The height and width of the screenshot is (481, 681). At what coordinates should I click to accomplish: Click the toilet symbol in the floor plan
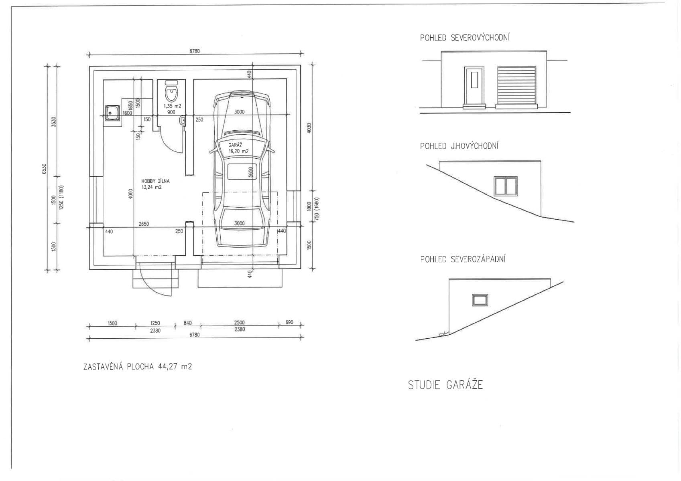click(172, 92)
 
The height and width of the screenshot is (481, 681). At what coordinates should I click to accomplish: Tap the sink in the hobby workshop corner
click(112, 113)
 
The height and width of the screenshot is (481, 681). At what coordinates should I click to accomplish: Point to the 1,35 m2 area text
click(172, 106)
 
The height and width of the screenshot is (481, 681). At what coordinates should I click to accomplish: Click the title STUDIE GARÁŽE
click(445, 385)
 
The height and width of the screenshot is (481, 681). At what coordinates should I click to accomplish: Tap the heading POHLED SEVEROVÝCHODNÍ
click(465, 38)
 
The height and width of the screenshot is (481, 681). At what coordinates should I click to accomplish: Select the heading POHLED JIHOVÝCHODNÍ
click(459, 146)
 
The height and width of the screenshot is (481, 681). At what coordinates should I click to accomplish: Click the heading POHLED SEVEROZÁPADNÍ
click(462, 259)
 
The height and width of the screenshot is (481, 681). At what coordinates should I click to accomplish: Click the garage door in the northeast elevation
click(516, 86)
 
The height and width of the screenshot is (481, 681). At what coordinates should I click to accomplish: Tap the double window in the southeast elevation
click(506, 186)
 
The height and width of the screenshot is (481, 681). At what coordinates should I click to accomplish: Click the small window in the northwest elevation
click(480, 300)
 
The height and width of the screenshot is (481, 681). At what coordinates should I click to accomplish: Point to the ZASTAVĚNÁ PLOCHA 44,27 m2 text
click(137, 366)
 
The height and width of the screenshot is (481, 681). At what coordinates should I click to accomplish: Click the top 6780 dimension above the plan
click(194, 51)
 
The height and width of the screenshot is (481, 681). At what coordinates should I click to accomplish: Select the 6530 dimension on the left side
click(44, 168)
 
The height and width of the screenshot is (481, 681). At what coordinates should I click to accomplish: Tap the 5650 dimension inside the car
click(251, 172)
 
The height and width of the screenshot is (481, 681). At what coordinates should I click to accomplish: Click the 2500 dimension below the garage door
click(239, 322)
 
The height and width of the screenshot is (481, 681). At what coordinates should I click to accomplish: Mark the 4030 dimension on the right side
click(309, 128)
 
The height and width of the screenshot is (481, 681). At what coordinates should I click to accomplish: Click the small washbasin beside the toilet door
click(183, 119)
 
